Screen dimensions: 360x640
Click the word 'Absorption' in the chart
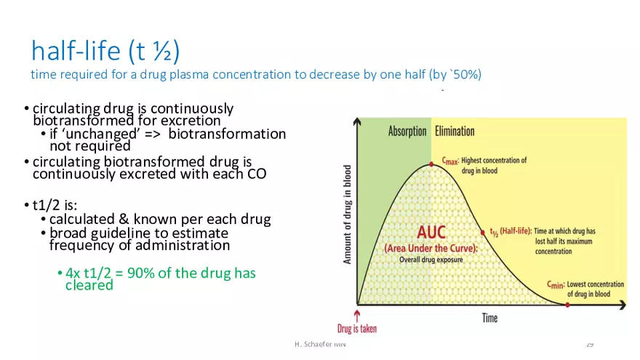pos(407,131)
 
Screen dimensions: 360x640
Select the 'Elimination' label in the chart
pos(455,131)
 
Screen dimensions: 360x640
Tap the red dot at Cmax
pos(431,164)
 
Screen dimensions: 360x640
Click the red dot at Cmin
pos(567,304)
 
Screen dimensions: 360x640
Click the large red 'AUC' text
pos(431,233)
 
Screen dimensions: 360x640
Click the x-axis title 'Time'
pos(489,318)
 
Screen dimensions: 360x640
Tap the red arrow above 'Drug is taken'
pos(357,314)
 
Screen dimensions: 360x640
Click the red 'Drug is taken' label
pos(357,329)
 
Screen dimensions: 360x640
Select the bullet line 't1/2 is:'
pos(55,204)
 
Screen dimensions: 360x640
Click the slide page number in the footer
pos(590,343)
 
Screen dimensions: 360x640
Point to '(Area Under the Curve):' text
pos(431,248)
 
